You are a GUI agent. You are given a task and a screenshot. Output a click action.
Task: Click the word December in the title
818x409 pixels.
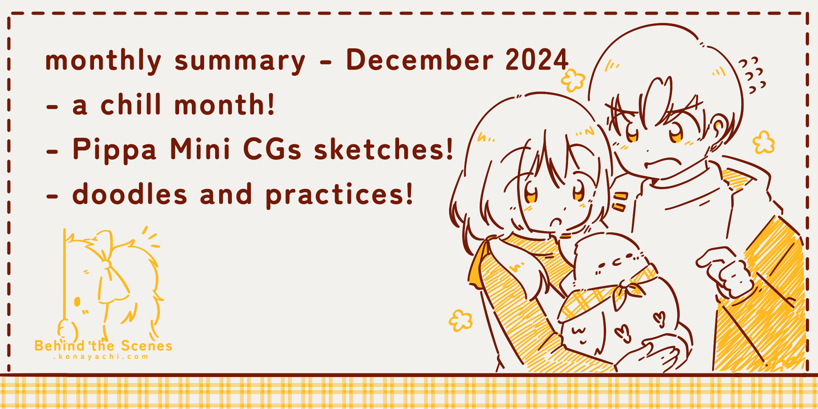click(x=420, y=61)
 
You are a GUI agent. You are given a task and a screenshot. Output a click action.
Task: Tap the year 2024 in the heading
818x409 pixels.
click(x=537, y=61)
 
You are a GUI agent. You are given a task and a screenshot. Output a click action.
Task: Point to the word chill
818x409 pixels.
click(x=131, y=105)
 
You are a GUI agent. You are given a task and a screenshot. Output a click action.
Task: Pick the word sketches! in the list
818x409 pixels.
click(x=384, y=150)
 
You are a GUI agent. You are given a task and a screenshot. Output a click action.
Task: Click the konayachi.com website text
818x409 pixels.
click(x=101, y=357)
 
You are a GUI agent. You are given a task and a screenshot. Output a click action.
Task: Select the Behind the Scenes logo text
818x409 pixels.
click(x=103, y=346)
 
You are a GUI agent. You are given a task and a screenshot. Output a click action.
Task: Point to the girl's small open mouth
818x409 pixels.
click(x=555, y=223)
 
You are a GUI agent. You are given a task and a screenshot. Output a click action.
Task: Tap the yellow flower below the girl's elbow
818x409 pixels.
click(x=461, y=320)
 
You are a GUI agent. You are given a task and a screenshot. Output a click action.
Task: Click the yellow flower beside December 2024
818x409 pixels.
click(x=573, y=79)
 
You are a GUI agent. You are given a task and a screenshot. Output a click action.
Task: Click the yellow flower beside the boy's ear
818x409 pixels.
click(x=764, y=142)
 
